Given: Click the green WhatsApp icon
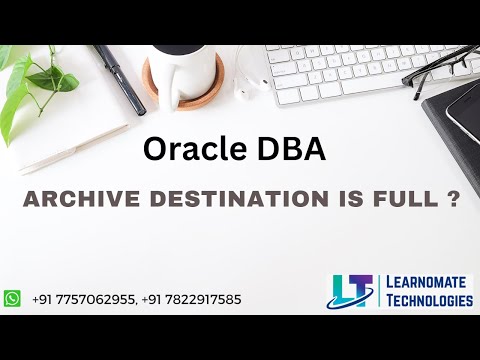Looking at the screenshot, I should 12,298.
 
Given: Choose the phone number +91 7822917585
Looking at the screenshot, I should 189,299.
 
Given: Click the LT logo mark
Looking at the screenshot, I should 352,291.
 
